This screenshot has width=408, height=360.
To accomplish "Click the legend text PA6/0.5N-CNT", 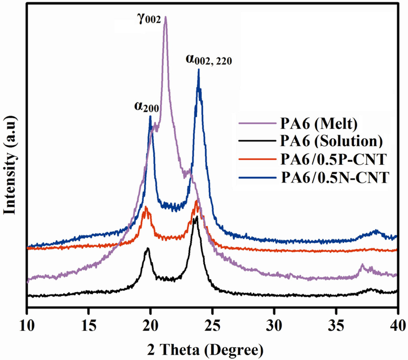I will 334,177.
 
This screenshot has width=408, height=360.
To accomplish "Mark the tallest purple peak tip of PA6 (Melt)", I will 165,17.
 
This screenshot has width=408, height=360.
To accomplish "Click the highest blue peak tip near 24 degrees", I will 198,70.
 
